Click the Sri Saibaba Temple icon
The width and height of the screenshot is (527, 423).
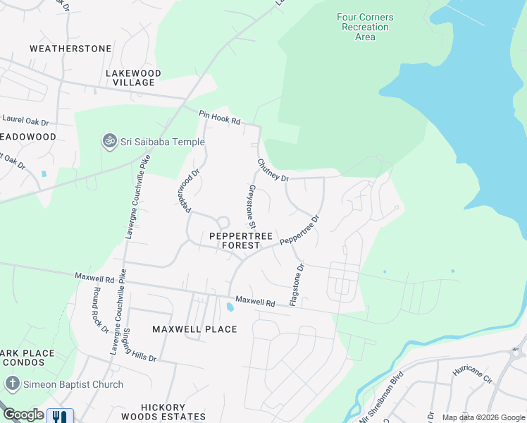109,142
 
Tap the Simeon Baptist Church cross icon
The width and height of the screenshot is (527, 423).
12,384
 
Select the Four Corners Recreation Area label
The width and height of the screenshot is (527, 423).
365,27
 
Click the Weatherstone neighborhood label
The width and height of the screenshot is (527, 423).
70,49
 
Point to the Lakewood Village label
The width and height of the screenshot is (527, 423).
133,78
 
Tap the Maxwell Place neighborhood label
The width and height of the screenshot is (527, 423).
194,329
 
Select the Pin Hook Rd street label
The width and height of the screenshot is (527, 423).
219,118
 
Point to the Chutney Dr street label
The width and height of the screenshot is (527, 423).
273,170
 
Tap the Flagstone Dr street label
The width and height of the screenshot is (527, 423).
297,285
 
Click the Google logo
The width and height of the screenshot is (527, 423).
23,415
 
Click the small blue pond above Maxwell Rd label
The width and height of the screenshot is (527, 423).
229,307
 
